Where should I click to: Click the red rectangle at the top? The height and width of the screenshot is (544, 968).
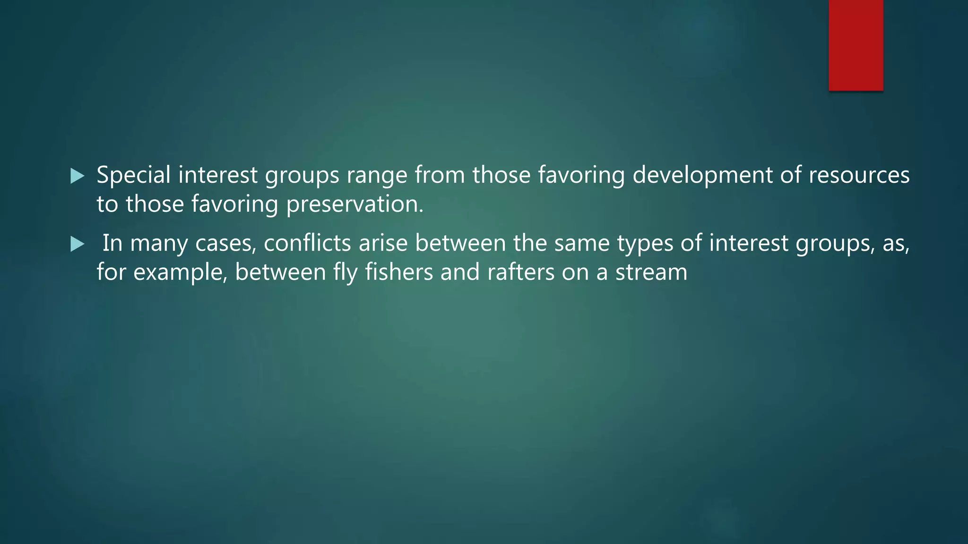click(x=856, y=45)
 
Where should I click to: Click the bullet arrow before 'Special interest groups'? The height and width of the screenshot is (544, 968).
click(x=77, y=176)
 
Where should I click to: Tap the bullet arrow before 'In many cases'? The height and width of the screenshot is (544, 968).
click(x=77, y=244)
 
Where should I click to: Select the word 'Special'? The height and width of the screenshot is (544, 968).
click(x=133, y=175)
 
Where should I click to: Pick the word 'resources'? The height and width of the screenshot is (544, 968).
click(x=858, y=175)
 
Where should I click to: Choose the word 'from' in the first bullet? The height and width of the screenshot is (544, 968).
click(x=440, y=175)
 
